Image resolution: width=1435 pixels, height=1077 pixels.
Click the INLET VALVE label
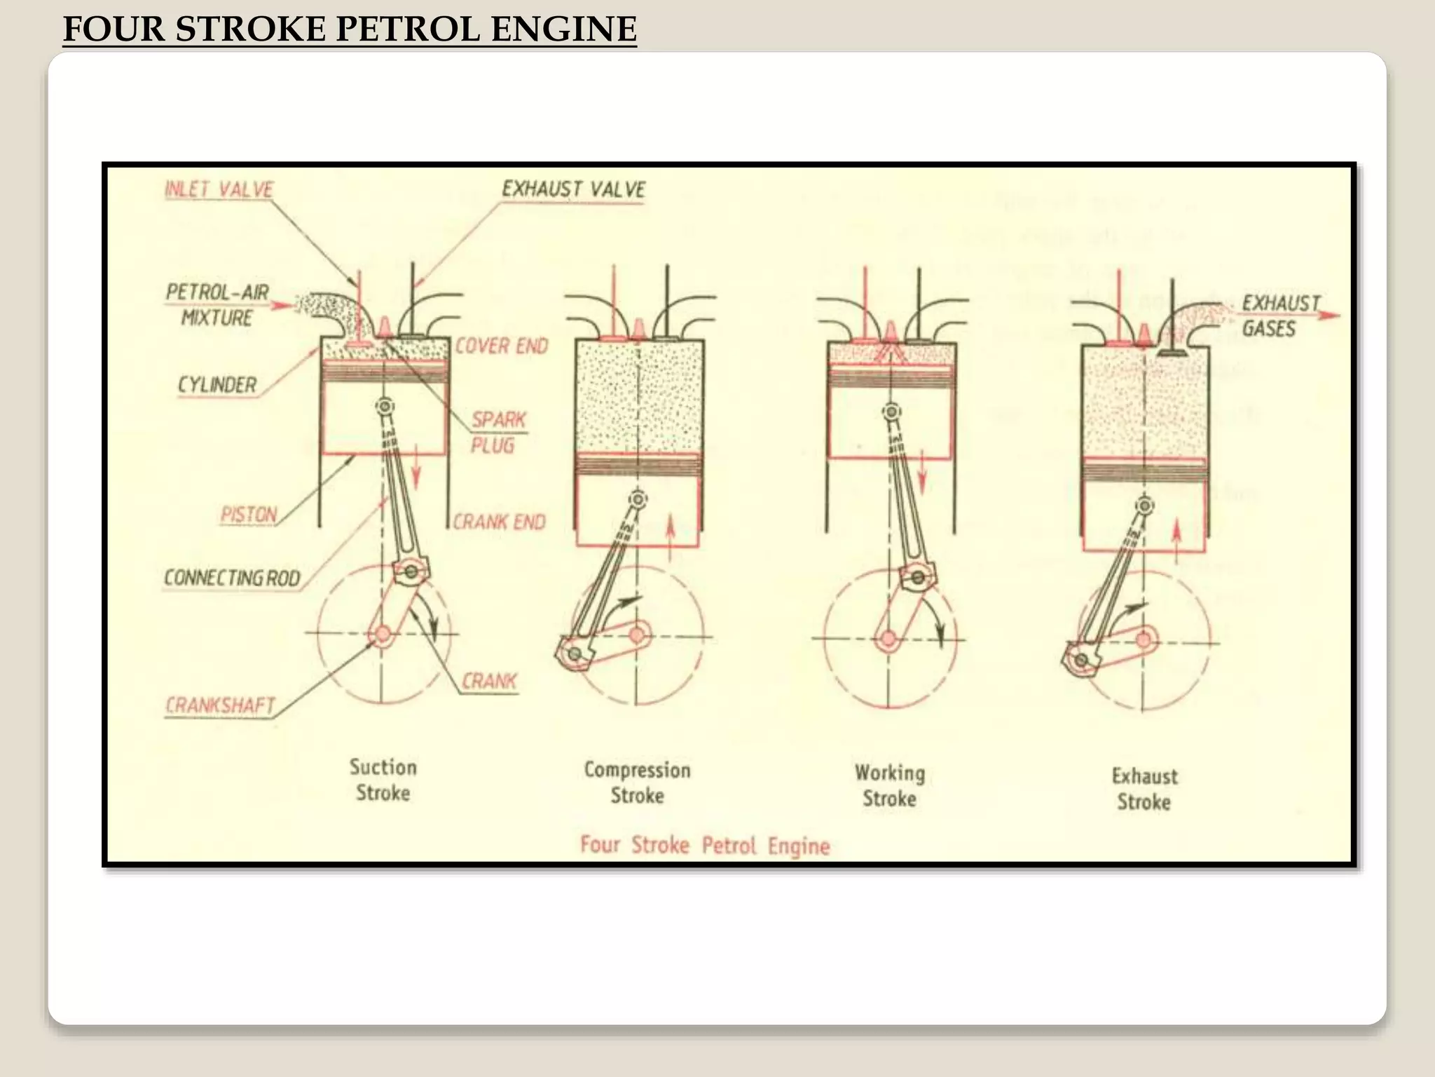219,189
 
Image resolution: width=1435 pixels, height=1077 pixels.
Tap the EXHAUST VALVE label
573,189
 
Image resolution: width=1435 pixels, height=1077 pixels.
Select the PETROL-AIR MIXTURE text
217,304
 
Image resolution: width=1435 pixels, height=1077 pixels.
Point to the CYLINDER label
217,385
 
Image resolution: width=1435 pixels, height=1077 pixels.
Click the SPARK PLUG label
497,432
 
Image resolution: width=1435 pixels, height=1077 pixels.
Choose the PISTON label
249,515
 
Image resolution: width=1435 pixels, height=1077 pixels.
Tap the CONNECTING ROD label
232,578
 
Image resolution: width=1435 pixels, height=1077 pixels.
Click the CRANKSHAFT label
220,705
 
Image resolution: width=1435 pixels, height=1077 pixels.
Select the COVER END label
502,346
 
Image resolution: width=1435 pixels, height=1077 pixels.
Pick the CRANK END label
499,522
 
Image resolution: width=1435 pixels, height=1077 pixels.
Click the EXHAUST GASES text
1279,316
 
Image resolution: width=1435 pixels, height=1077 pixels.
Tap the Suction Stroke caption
383,780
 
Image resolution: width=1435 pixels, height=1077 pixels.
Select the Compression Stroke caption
637,783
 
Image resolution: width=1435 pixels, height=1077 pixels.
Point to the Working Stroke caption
889,785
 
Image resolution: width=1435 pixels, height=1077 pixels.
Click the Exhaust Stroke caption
1144,789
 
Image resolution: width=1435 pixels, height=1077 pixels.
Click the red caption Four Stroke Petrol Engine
704,845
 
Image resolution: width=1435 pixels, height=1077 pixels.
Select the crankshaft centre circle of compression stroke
636,635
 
